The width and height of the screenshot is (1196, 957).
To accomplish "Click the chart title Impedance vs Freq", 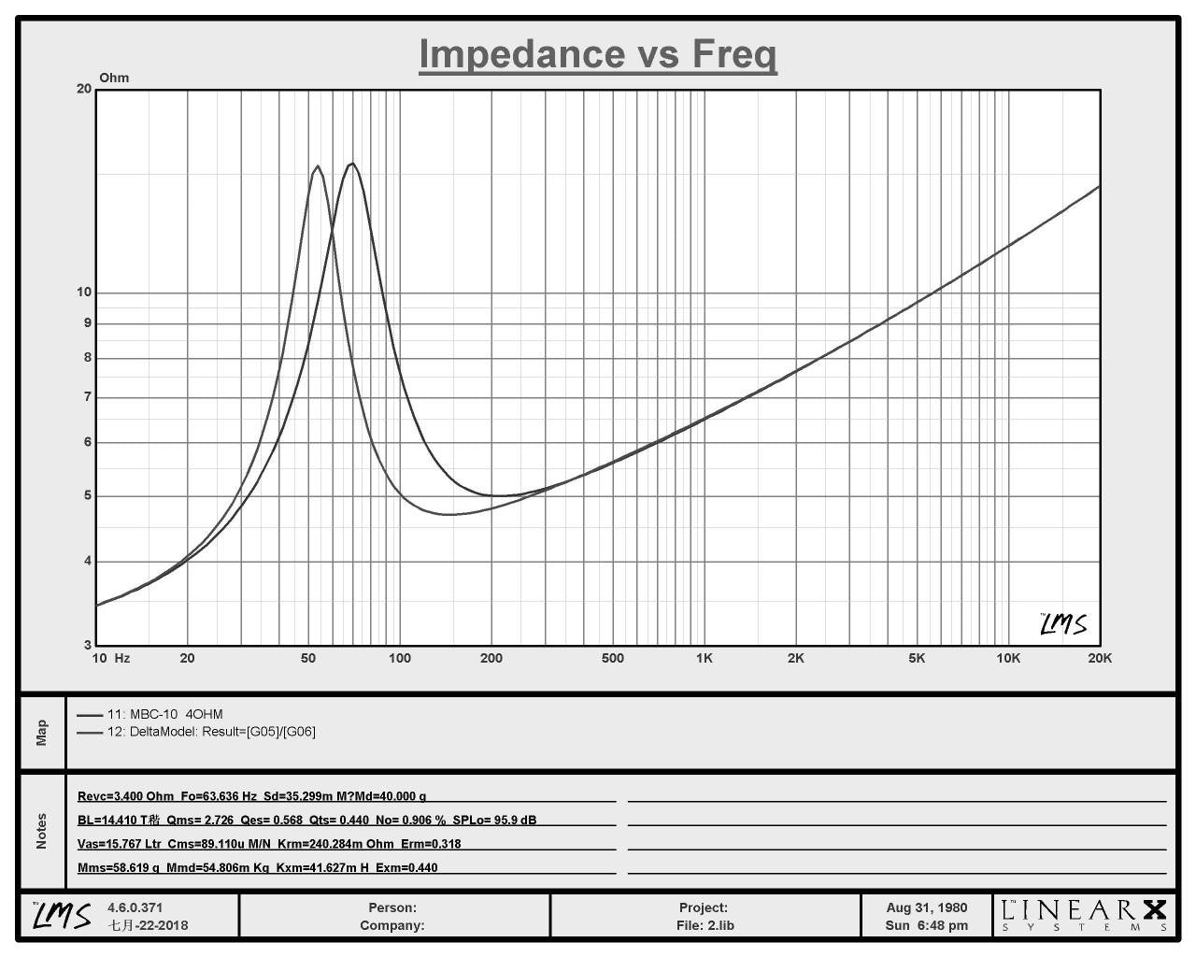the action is pyautogui.click(x=597, y=54).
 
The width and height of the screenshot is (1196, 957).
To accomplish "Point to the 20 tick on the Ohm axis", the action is pyautogui.click(x=84, y=89).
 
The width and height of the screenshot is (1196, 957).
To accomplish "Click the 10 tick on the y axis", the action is pyautogui.click(x=84, y=292).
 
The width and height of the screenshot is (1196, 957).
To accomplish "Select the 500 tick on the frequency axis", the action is pyautogui.click(x=612, y=658).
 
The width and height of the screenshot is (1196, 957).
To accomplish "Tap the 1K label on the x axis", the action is pyautogui.click(x=705, y=658).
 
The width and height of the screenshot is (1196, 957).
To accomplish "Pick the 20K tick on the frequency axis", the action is pyautogui.click(x=1100, y=658).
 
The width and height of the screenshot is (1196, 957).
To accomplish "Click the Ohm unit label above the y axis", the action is pyautogui.click(x=114, y=78).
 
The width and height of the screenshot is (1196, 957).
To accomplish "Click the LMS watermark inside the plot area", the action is pyautogui.click(x=1063, y=624).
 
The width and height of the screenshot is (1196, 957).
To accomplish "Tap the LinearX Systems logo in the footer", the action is pyautogui.click(x=1084, y=916).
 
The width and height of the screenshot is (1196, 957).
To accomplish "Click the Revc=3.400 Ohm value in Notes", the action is pyautogui.click(x=125, y=796).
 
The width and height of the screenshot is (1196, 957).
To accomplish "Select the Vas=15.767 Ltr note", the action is pyautogui.click(x=119, y=844).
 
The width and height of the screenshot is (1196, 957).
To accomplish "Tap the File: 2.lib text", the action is pyautogui.click(x=705, y=926).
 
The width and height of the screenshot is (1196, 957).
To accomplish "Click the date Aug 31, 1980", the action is pyautogui.click(x=927, y=908).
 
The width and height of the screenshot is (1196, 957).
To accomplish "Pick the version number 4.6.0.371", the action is pyautogui.click(x=135, y=908).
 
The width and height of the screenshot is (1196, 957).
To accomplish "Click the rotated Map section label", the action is pyautogui.click(x=42, y=733).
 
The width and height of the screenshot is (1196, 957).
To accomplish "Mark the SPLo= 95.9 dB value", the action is pyautogui.click(x=494, y=821).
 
